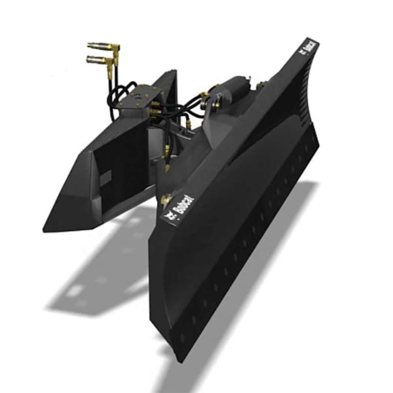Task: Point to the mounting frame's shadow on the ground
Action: click(98, 275)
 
